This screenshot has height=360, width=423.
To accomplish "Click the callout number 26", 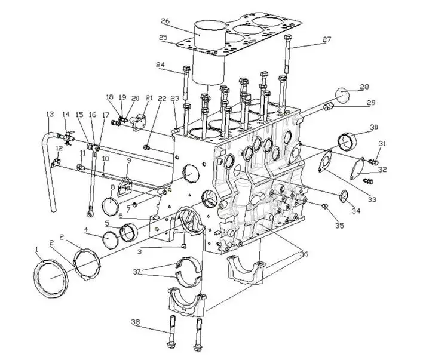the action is point(165,21).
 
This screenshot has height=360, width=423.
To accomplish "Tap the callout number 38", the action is point(136,322).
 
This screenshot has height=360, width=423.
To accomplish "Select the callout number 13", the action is point(50,114).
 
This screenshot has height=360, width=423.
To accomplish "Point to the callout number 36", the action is point(304,254).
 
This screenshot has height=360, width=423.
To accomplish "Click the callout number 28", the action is point(364,87).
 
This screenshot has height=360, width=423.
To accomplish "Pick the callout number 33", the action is point(372,199).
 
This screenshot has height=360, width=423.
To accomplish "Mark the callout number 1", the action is point(37,250).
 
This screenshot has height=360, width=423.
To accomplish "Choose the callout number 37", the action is point(137,272).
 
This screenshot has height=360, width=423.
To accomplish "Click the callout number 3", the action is point(139,252).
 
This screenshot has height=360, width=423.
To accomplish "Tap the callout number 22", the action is point(162,99).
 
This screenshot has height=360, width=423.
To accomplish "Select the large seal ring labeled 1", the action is point(51,278).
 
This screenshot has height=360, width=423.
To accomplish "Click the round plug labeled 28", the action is point(342,95).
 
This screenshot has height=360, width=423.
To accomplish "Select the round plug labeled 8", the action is point(111,207).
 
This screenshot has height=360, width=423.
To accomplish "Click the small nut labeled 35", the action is point(324,207).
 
